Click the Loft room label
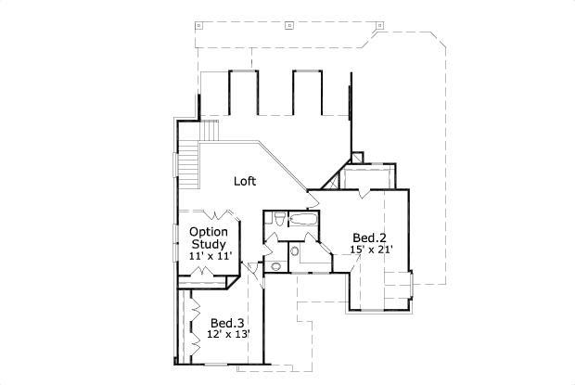pyautogui.click(x=245, y=182)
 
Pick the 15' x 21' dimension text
pyautogui.click(x=372, y=249)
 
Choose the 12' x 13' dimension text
pyautogui.click(x=228, y=335)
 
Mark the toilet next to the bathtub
pyautogui.click(x=278, y=220)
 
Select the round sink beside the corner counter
pyautogui.click(x=294, y=250)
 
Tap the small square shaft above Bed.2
pyautogui.click(x=359, y=159)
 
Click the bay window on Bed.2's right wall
pyautogui.click(x=415, y=289)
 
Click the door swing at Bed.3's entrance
pyautogui.click(x=250, y=271)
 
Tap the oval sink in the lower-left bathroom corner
pyautogui.click(x=275, y=266)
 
